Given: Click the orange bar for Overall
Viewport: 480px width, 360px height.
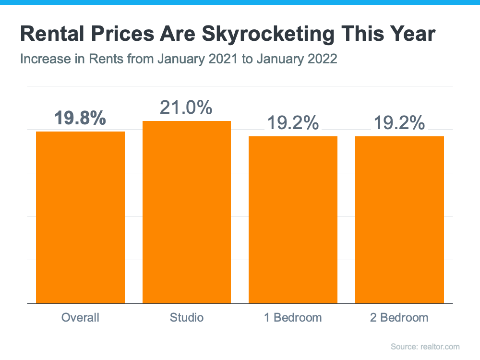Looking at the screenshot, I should click(x=80, y=217).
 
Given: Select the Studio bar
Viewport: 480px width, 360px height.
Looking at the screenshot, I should click(x=187, y=212).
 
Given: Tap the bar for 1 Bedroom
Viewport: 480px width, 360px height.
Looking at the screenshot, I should click(x=293, y=219).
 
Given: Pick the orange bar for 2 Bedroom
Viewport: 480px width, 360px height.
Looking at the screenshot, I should click(x=399, y=219).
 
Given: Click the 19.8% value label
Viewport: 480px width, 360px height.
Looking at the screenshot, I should click(x=80, y=118).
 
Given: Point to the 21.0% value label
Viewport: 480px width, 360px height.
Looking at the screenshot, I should click(x=186, y=108).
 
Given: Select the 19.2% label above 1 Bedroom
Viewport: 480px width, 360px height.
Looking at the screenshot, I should click(x=293, y=123).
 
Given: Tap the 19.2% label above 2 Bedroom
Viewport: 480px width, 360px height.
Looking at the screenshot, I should click(x=399, y=123).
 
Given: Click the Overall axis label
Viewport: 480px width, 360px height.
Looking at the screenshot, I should click(x=80, y=318).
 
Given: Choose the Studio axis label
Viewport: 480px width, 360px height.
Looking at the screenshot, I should click(x=187, y=318).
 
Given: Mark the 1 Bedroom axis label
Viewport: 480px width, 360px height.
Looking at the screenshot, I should click(x=293, y=318).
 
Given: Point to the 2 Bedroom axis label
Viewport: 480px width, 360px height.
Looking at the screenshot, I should click(x=399, y=318).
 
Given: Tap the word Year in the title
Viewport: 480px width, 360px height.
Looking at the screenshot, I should click(x=412, y=35).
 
